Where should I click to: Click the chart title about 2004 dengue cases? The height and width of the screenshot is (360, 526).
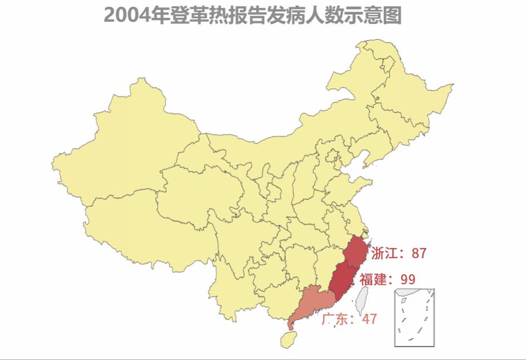[x=252, y=16]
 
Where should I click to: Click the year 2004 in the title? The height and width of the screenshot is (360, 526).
[x=123, y=16]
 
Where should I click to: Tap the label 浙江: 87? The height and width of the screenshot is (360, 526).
[x=398, y=254]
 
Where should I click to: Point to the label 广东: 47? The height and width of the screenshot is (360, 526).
[x=349, y=319]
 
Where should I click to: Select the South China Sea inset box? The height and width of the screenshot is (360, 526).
[x=415, y=318]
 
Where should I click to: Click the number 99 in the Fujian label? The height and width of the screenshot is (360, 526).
[x=408, y=279]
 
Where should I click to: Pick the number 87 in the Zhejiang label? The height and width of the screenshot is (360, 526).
[x=419, y=254]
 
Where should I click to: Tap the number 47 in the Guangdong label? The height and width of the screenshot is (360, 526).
[x=369, y=319]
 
